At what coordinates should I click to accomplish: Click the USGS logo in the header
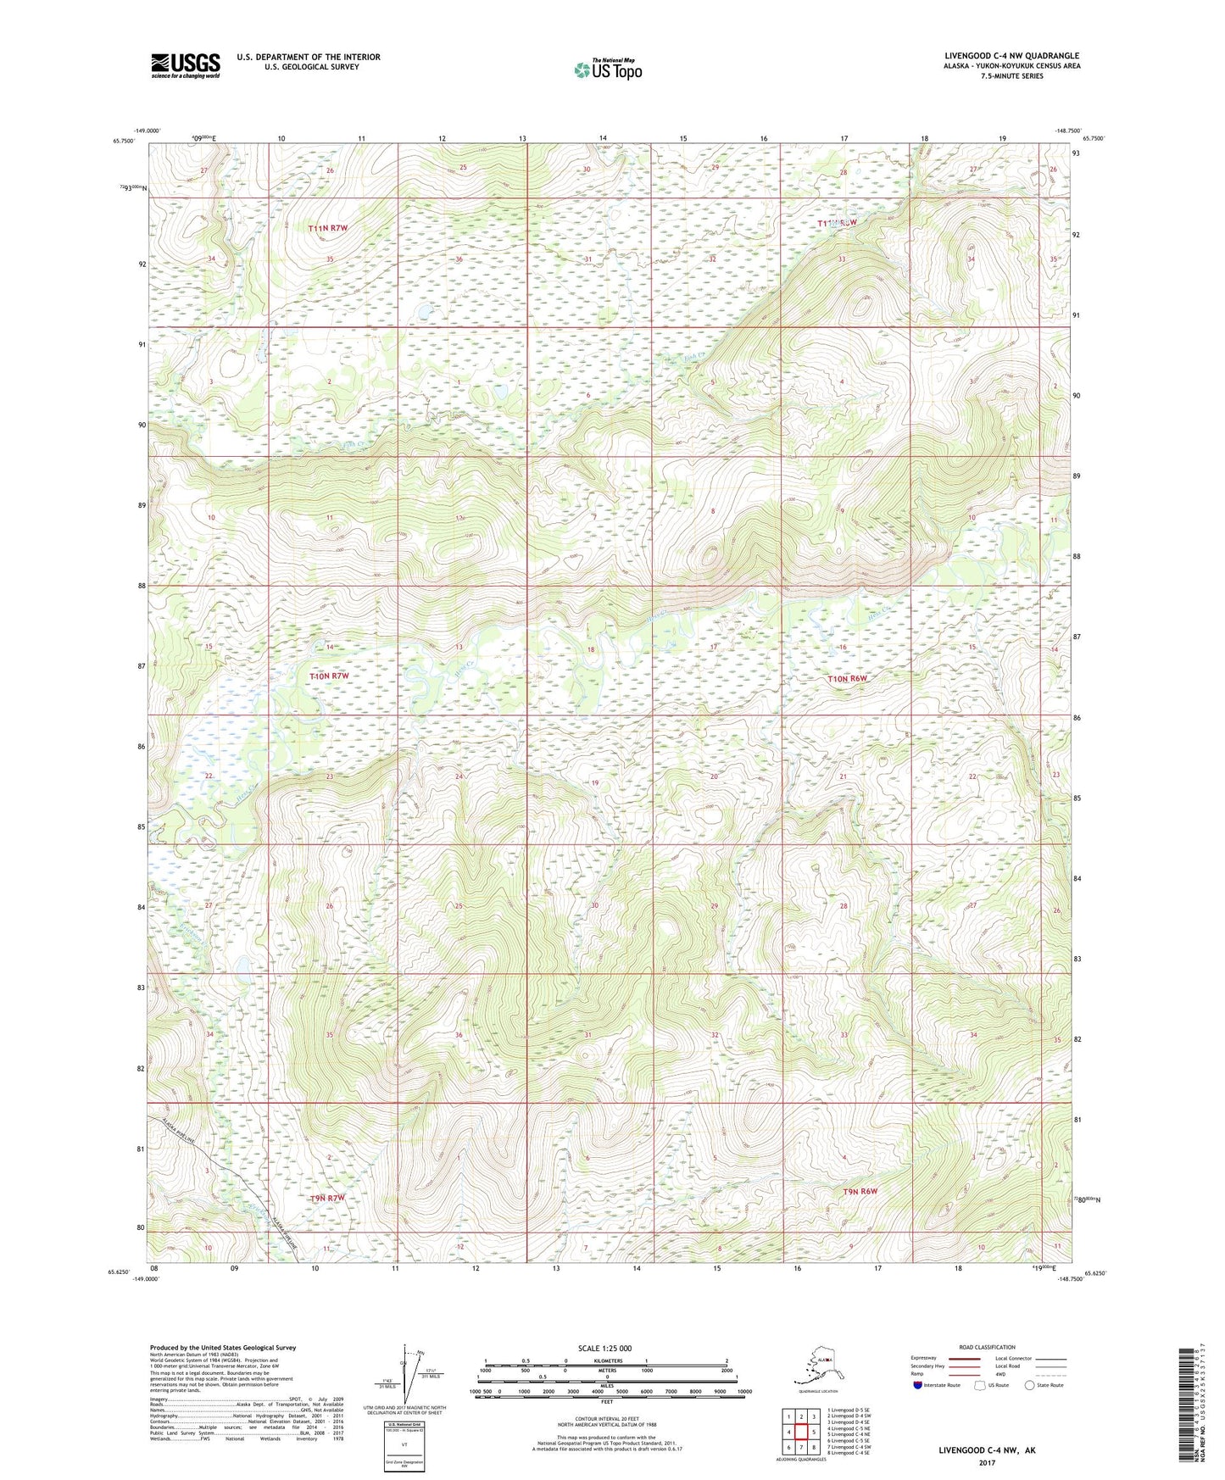(185, 65)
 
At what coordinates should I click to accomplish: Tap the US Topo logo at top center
(607, 70)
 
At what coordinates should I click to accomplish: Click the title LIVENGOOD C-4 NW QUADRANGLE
(1011, 56)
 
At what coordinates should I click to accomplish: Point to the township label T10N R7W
(329, 676)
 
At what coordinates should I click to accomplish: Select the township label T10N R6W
(848, 679)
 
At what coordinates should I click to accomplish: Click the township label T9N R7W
(327, 1199)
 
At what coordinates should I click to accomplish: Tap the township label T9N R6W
(860, 1191)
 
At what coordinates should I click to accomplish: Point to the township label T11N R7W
(328, 229)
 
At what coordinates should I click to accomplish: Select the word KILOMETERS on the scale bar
(605, 1361)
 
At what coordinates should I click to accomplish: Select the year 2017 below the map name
(986, 1462)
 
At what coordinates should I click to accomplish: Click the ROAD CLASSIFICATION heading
(987, 1347)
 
